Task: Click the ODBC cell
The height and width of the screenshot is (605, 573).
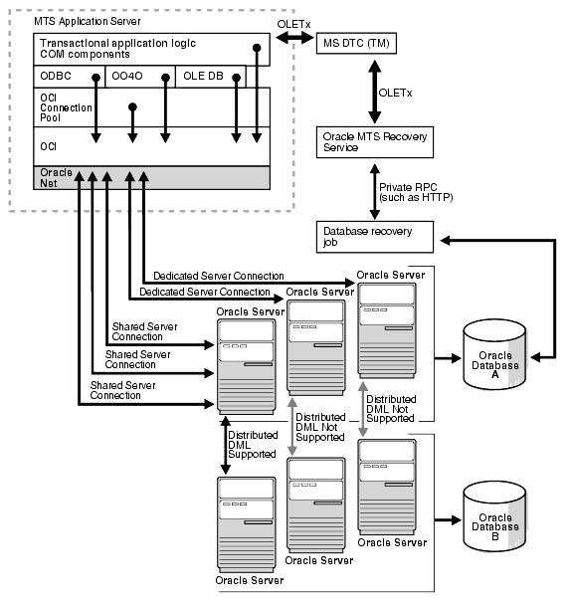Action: click(57, 76)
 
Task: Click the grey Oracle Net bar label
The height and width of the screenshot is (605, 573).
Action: click(57, 178)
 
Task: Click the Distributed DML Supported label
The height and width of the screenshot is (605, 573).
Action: click(250, 444)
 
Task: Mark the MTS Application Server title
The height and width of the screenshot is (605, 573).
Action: click(74, 21)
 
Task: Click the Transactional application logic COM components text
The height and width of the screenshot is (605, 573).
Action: click(115, 51)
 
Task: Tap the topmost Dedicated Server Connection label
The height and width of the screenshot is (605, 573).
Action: click(219, 275)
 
